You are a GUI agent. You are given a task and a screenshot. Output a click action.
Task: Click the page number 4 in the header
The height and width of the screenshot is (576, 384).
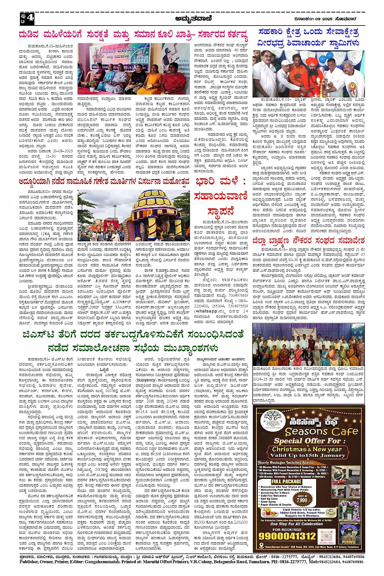tap(30, 19)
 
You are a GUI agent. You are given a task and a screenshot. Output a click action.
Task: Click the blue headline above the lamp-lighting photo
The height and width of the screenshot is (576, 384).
tap(308, 37)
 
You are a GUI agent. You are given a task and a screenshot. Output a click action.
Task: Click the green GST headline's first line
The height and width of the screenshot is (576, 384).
tap(133, 335)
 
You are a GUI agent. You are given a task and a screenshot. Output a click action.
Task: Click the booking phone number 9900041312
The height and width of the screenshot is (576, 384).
tap(287, 536)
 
